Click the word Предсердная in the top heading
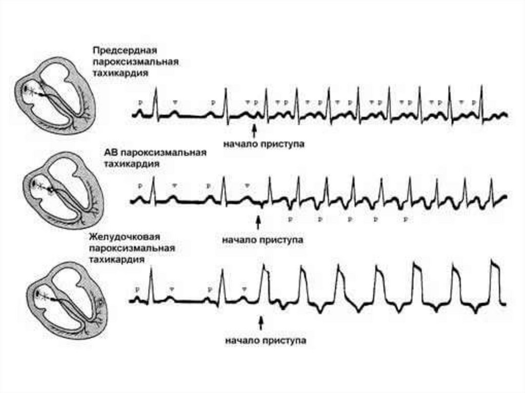point(124,50)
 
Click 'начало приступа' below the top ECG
point(264,144)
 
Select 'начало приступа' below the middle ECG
point(263,239)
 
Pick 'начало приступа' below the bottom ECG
point(265,341)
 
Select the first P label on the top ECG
point(139,102)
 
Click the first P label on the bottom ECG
point(137,289)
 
